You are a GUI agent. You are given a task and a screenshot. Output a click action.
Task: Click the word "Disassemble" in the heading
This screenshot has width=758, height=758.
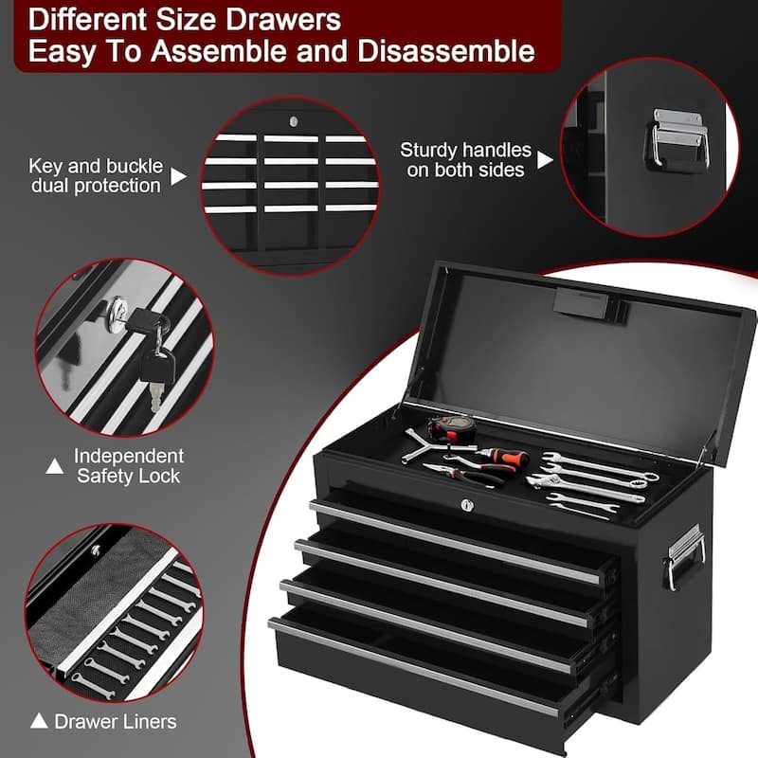[446, 51]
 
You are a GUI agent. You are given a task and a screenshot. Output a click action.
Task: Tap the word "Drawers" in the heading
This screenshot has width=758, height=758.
[283, 19]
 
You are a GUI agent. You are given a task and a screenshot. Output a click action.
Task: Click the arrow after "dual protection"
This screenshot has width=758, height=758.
[177, 176]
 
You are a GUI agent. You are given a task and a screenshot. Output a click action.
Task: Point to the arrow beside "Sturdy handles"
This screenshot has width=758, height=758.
[544, 159]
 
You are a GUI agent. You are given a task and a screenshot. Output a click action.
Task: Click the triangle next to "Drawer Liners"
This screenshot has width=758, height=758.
[39, 721]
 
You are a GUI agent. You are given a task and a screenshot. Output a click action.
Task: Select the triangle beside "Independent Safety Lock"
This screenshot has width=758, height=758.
[55, 466]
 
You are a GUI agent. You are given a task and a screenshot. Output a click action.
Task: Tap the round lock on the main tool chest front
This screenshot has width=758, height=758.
[467, 505]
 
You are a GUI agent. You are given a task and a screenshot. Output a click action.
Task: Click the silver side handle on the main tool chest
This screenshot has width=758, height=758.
[684, 556]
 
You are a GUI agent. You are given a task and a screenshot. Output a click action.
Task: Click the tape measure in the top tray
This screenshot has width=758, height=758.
[451, 428]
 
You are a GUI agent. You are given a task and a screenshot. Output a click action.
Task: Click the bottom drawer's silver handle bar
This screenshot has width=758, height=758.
[413, 668]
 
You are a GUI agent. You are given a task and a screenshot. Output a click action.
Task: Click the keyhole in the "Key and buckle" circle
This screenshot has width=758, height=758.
[294, 121]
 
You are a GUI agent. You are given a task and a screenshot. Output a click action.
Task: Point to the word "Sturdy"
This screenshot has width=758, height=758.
[428, 151]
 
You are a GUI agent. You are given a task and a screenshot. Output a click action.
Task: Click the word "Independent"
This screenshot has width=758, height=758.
[129, 456]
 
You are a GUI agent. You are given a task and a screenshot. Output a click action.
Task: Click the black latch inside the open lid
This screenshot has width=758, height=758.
[589, 303]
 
